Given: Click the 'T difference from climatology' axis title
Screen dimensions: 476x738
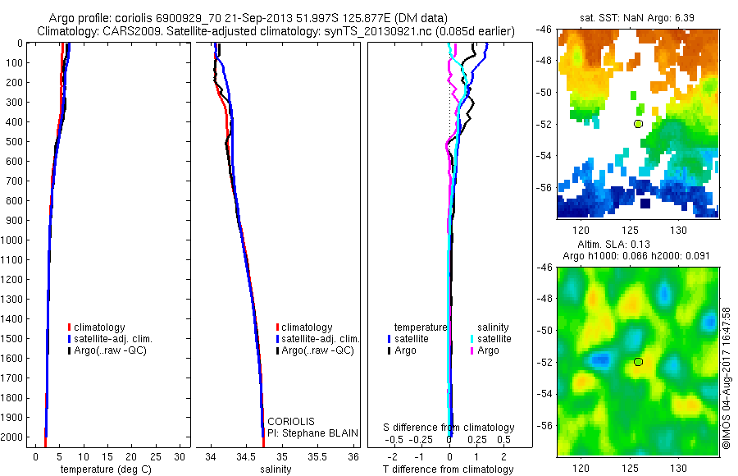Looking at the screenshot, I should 448,469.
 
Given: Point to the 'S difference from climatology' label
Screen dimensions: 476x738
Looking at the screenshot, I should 449,428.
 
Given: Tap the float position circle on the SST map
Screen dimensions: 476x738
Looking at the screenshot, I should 638,124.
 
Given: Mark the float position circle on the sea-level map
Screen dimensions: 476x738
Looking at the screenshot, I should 638,362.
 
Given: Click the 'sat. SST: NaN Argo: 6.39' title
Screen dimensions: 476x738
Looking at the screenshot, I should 637,16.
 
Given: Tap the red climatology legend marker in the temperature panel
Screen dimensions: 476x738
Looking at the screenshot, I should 70,327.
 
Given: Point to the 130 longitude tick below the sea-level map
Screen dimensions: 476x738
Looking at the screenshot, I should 678,467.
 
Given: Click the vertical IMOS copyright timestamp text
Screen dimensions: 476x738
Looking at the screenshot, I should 727,379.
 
